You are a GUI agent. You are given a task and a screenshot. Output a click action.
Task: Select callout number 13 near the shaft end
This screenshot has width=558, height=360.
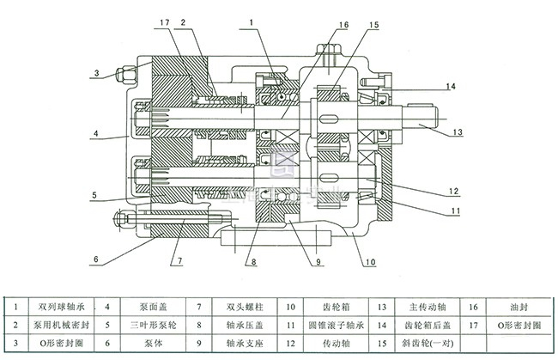tap(458, 133)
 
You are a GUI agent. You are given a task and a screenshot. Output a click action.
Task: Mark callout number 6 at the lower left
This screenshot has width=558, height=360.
tap(96, 259)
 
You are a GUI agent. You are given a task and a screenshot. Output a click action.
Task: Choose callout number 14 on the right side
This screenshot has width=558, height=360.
tap(450, 87)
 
